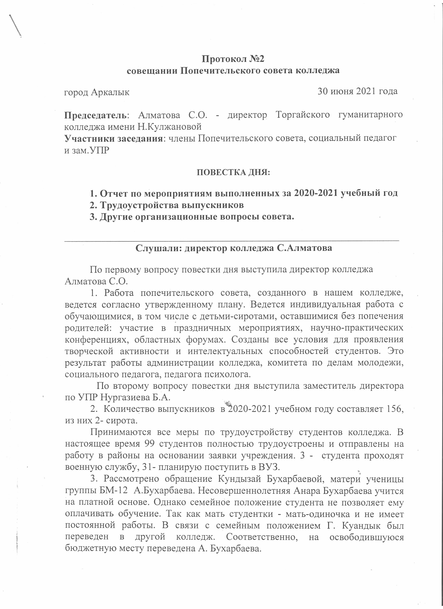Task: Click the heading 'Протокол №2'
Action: (233, 59)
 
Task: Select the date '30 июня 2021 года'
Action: (358, 91)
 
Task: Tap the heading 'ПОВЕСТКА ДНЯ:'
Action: (233, 172)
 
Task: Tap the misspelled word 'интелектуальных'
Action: (225, 351)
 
